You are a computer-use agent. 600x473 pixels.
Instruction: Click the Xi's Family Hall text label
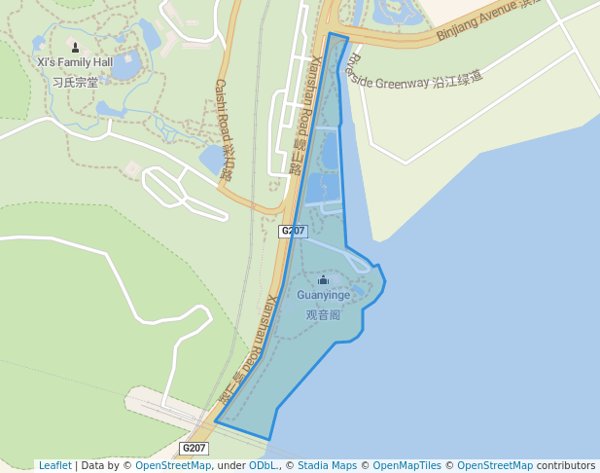(x=75, y=62)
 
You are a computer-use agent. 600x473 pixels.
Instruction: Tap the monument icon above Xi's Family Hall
(x=76, y=47)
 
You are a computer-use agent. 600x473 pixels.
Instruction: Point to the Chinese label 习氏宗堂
(x=75, y=82)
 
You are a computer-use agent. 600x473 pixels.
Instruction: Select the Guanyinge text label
(x=323, y=295)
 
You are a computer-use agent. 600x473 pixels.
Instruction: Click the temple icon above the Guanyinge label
(x=323, y=280)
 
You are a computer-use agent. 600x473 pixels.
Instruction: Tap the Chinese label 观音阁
(x=323, y=314)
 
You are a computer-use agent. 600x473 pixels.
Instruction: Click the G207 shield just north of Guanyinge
(x=293, y=231)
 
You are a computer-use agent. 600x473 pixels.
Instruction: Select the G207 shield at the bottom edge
(x=194, y=448)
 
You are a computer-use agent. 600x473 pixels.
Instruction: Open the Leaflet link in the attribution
(x=54, y=465)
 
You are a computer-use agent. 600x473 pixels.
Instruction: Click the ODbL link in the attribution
(x=263, y=465)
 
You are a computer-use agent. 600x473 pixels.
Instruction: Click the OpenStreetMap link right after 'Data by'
(x=173, y=465)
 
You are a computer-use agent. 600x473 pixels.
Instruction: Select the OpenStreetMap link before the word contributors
(x=495, y=465)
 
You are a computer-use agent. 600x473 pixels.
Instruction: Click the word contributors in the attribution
(x=566, y=465)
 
